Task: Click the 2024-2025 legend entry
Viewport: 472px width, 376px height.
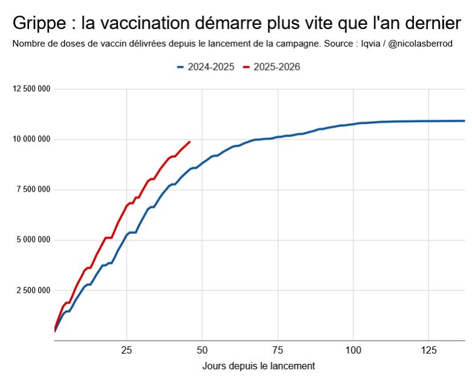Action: point(210,67)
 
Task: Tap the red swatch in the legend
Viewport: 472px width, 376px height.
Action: point(246,67)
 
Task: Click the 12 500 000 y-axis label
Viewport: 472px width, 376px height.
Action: point(31,89)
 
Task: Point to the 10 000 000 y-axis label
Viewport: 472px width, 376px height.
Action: point(31,140)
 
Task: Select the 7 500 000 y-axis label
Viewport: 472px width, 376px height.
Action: point(34,190)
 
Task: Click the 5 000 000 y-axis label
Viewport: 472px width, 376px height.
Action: point(34,240)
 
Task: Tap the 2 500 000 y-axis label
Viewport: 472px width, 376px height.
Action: point(34,290)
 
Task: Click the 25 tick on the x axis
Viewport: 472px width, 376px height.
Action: point(127,349)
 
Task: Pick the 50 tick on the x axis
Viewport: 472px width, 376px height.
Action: point(202,349)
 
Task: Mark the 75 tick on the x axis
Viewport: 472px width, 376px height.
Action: point(278,349)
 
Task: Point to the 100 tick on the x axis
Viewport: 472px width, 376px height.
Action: point(353,349)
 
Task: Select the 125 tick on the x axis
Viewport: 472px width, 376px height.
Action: point(428,349)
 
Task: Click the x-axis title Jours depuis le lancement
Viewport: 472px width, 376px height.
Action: point(259,366)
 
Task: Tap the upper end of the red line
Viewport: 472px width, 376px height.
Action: point(190,142)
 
